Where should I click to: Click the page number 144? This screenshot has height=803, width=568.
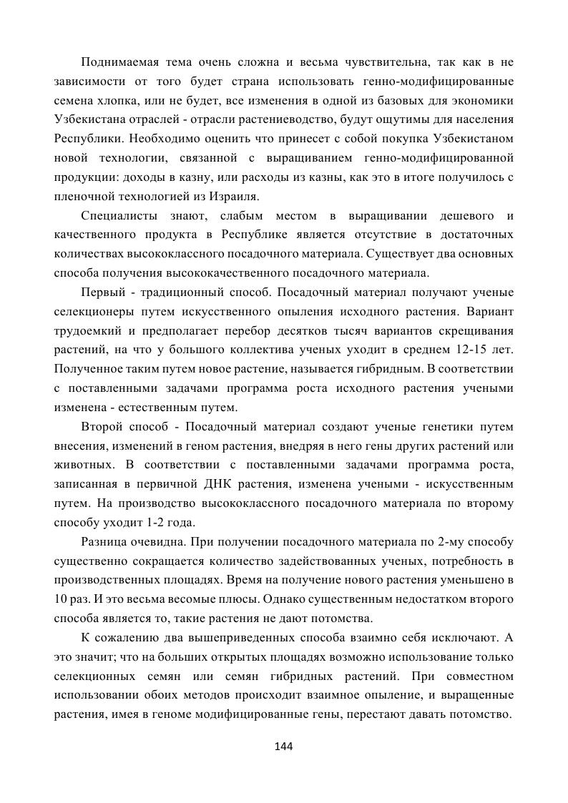(284, 747)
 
